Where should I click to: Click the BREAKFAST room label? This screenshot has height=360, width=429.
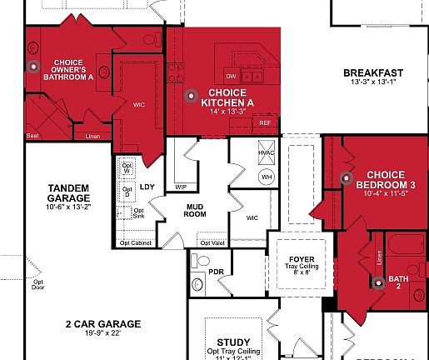point(372,72)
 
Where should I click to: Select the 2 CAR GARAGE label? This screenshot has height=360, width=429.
point(103,323)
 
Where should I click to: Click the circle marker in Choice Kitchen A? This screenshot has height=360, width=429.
point(191,96)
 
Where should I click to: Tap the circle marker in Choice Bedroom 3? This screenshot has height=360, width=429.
point(346,177)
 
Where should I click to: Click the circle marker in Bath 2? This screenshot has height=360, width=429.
point(377,281)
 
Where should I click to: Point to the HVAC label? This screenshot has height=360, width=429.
point(267,153)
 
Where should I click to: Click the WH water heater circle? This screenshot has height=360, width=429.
point(267,177)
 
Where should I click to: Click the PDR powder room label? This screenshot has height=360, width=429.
point(217,272)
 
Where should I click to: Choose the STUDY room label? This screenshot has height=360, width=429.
point(232,342)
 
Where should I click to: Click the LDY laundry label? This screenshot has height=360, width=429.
point(147,186)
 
